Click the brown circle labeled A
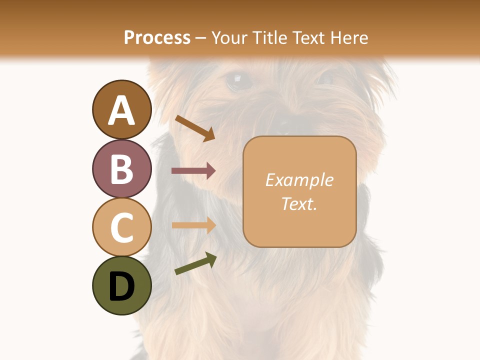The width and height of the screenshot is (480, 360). [x=121, y=109]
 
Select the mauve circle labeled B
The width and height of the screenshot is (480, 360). [x=121, y=168]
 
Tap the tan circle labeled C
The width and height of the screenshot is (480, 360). [x=121, y=226]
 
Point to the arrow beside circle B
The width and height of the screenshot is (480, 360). [x=193, y=171]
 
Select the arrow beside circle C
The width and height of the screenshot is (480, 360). [x=193, y=225]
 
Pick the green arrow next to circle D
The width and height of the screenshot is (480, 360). [x=195, y=263]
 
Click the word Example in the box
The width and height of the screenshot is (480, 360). [x=299, y=180]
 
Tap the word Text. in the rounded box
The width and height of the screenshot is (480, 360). [x=299, y=203]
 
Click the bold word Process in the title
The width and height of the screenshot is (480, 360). [x=157, y=37]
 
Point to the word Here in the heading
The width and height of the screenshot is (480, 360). [x=349, y=37]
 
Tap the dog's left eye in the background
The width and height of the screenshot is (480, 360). [x=238, y=80]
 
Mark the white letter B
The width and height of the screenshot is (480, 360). [x=121, y=168]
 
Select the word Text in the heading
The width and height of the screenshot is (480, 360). [x=310, y=37]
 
